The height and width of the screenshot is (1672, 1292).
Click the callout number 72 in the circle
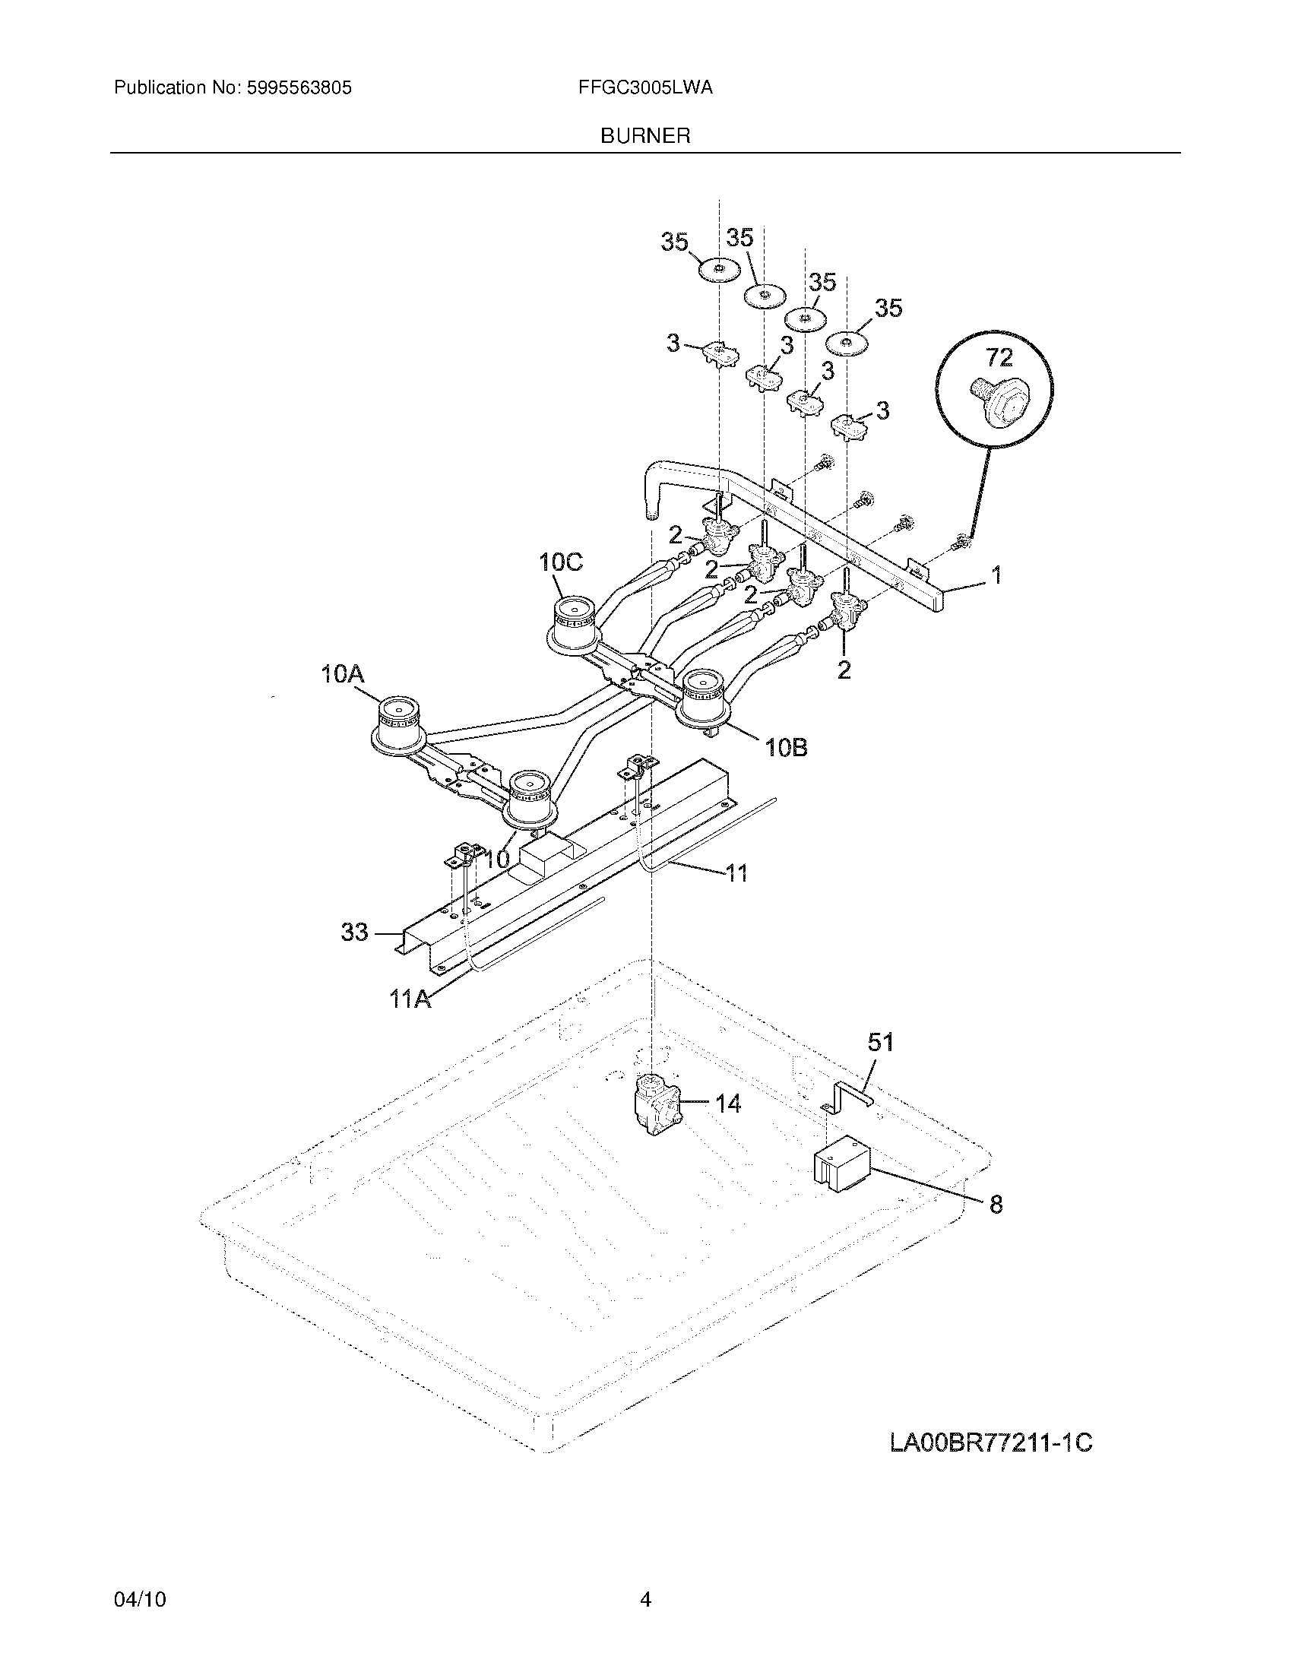pos(999,357)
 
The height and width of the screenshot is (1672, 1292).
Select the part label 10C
pos(560,562)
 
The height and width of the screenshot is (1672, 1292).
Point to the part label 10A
pos(342,674)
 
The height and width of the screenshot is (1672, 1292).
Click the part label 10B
pos(786,747)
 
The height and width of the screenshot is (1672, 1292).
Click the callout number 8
pos(996,1205)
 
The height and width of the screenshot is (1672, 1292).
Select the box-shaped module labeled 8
pos(841,1171)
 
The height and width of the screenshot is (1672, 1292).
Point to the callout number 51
pos(880,1042)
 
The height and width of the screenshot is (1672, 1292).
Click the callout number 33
pos(354,932)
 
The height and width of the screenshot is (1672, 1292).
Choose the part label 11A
pos(410,999)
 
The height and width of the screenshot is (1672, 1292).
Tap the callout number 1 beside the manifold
pos(996,574)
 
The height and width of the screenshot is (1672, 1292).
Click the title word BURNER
pos(645,136)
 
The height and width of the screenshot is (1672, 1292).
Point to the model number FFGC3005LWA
pos(645,88)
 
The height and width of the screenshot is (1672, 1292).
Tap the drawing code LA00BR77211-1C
pos(990,1443)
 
